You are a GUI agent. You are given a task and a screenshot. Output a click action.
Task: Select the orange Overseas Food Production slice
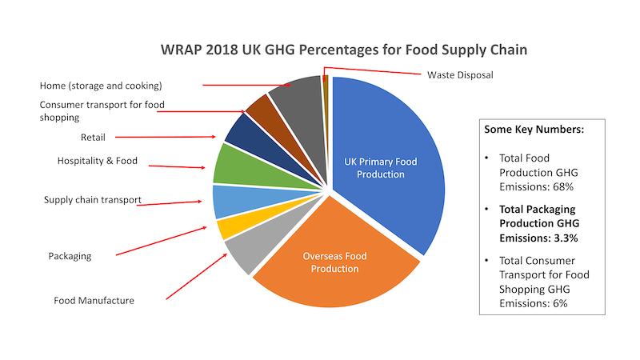coord(336,264)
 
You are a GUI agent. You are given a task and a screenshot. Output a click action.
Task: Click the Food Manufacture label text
coord(94,301)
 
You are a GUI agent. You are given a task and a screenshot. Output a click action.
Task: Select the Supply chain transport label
coord(92,199)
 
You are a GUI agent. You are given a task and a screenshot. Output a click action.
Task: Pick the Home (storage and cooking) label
coord(101,85)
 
